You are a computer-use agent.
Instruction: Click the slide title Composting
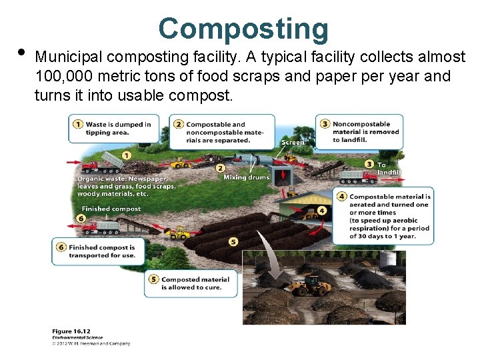click(243, 29)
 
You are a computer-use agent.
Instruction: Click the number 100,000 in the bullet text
click(68, 77)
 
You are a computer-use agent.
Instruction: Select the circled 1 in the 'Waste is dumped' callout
click(78, 124)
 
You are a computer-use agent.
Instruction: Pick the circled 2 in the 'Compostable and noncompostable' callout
click(179, 124)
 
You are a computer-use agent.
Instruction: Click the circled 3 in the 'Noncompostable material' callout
click(325, 124)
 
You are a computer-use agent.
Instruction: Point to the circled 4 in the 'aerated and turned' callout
click(342, 197)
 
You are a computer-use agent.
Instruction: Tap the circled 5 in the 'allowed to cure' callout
click(153, 279)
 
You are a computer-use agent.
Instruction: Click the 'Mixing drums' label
click(246, 177)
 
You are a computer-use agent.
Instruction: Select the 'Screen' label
click(293, 142)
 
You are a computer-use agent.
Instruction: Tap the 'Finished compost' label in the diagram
click(111, 209)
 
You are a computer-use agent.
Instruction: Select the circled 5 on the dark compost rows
click(233, 241)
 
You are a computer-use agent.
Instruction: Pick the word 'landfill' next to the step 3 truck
click(389, 172)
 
